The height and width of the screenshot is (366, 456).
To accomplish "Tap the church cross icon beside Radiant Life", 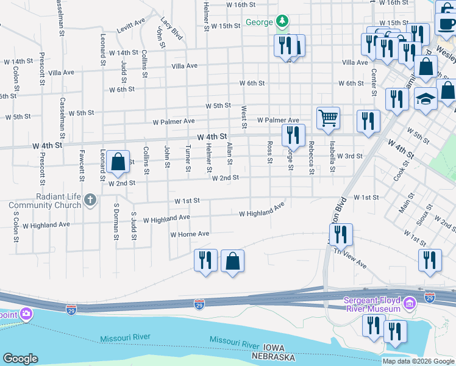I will tap(90, 200).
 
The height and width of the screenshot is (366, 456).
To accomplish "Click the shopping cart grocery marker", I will tap(328, 118).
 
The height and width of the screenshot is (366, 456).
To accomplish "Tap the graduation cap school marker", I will tap(426, 99).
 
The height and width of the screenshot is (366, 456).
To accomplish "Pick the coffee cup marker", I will tap(447, 24).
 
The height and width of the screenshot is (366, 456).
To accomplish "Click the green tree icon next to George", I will tap(282, 22).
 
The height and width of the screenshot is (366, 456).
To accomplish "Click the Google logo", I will tap(20, 359).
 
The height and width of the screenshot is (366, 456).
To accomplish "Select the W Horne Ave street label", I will tap(190, 234).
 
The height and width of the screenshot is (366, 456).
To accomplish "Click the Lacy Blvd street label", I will tap(172, 29).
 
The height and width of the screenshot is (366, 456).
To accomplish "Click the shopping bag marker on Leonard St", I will tap(116, 162).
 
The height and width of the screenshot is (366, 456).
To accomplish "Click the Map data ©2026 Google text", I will tap(418, 361).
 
